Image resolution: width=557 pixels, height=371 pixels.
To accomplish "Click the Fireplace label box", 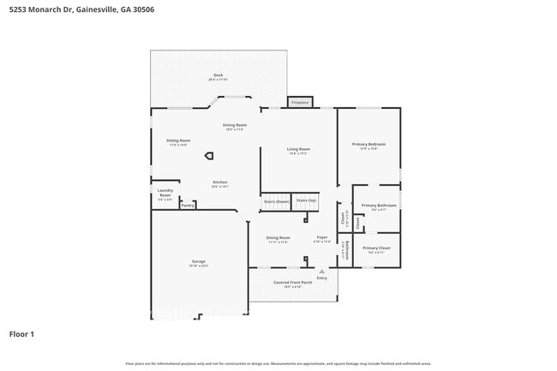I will tap(299, 102).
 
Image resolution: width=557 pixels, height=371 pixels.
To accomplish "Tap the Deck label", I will tap(218, 75).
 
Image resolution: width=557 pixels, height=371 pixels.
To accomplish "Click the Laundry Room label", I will tap(165, 194).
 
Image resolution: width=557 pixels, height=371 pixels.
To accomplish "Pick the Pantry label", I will tap(188, 206).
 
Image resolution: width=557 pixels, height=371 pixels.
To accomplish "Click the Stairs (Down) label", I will tap(276, 201).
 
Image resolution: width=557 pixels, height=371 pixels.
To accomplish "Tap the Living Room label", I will tap(298, 149).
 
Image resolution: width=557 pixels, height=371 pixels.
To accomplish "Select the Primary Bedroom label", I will tap(368, 144).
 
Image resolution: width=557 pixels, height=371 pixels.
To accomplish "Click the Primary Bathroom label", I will tap(378, 206).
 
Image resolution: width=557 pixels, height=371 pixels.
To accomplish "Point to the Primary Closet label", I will tap(376, 248).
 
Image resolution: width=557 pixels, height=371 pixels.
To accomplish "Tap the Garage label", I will tap(198, 261).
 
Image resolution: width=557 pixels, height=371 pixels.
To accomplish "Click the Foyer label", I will tap(322, 237).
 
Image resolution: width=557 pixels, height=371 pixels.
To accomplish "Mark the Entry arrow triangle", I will tap(322, 271).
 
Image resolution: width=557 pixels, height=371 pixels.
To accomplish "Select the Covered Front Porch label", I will tap(292, 282).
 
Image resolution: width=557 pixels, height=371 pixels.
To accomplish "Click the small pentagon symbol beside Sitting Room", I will tap(209, 156).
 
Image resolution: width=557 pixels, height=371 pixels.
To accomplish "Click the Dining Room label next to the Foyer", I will tap(278, 237).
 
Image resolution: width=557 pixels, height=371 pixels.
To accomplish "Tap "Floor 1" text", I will tap(21, 333).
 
